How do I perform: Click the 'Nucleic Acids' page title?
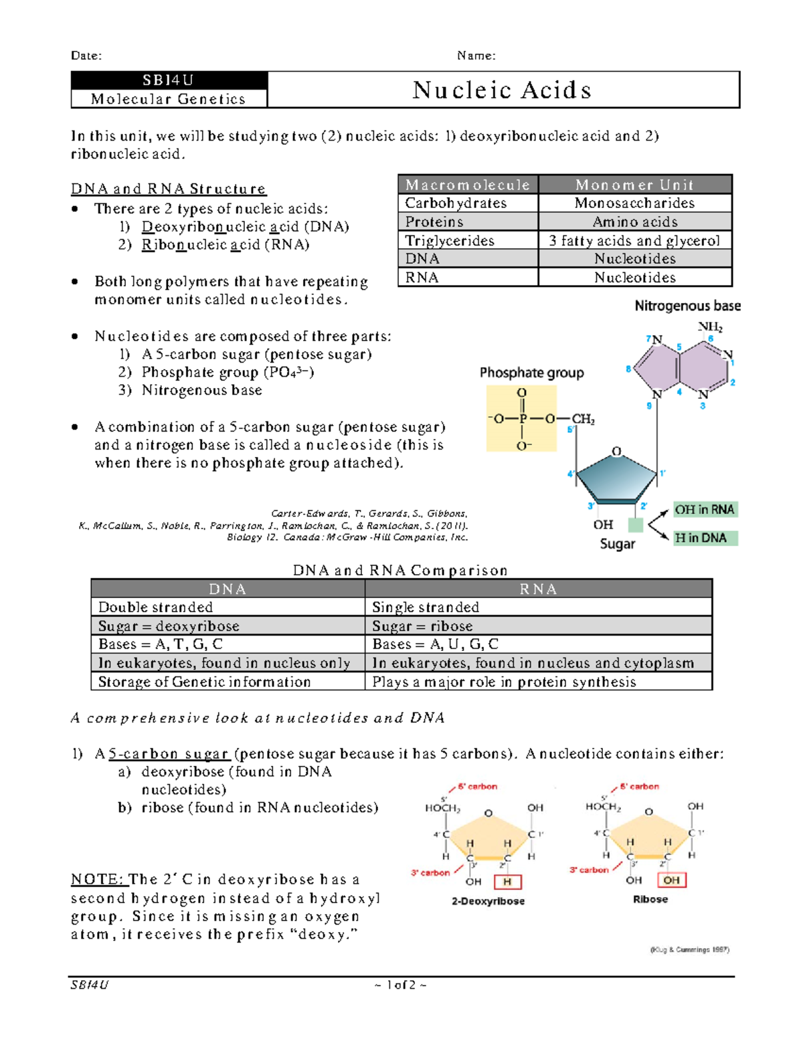[502, 90]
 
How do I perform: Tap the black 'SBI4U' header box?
[169, 80]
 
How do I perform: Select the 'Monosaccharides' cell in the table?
[634, 203]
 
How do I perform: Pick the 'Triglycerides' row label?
[450, 240]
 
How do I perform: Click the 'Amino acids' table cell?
[634, 221]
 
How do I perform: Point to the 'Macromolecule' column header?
[468, 185]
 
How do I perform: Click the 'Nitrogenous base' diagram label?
[687, 306]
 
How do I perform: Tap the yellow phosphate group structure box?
[521, 419]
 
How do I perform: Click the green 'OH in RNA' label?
[705, 510]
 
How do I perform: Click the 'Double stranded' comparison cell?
[156, 607]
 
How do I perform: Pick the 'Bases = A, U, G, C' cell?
[436, 644]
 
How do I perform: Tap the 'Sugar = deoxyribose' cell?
[169, 626]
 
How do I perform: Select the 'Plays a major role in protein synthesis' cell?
[504, 682]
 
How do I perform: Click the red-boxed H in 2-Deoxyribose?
[507, 882]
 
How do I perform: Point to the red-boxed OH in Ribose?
[671, 880]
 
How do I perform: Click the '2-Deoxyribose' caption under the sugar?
[488, 901]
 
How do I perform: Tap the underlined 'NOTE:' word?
[98, 879]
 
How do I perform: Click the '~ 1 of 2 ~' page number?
[401, 985]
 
